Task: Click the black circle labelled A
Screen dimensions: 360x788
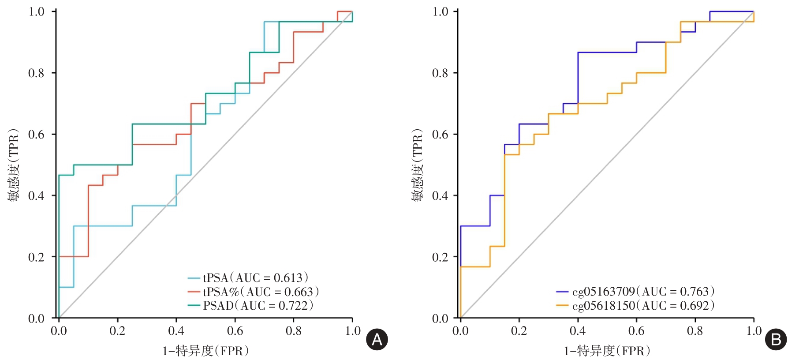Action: (377, 339)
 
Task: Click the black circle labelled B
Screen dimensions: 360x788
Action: (776, 339)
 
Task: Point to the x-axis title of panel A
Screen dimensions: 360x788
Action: (206, 351)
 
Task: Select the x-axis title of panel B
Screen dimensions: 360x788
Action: (607, 351)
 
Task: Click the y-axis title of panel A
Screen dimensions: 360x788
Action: (14, 165)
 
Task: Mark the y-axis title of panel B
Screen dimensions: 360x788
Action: (417, 165)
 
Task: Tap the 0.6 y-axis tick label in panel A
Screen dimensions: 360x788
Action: (36, 135)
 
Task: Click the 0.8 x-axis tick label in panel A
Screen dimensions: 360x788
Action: (294, 331)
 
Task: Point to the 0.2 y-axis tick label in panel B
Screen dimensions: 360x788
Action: (440, 257)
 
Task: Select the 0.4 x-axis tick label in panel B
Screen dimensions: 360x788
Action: (578, 331)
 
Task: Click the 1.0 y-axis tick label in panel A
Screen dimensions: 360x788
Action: (36, 11)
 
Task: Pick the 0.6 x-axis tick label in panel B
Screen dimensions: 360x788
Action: (636, 331)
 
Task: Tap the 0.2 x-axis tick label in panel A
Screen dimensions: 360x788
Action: (117, 331)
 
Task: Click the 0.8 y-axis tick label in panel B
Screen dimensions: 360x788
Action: (440, 73)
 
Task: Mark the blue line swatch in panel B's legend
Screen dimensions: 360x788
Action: (562, 292)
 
